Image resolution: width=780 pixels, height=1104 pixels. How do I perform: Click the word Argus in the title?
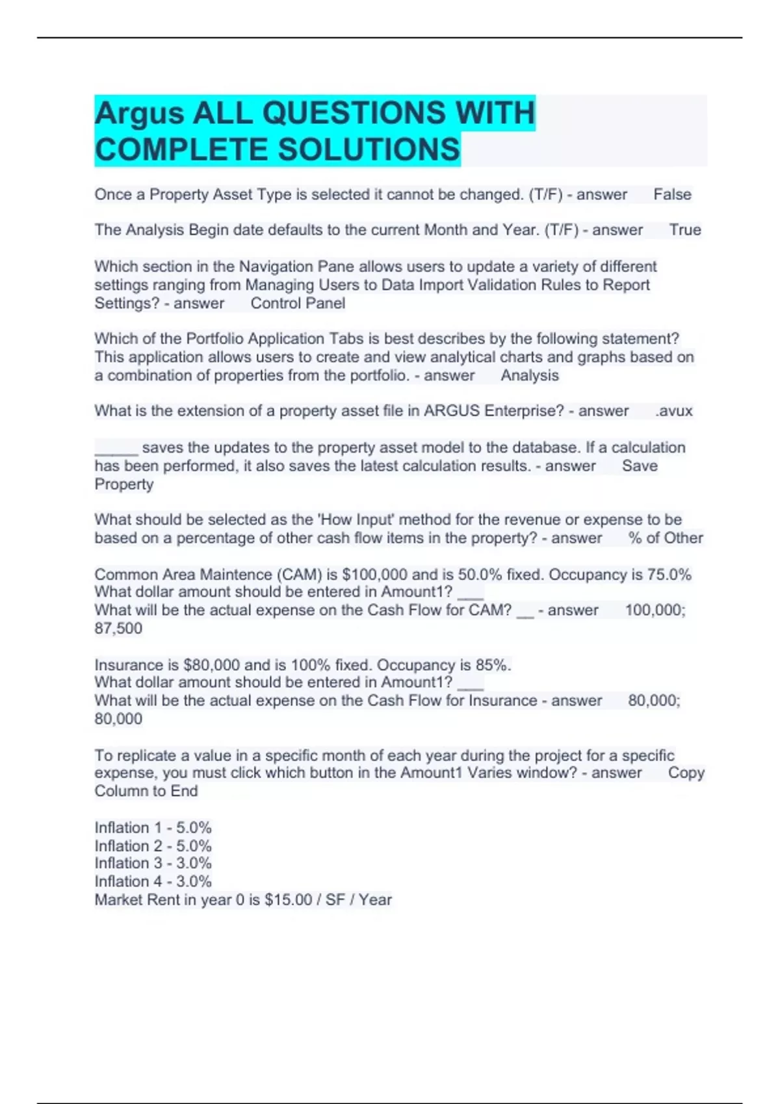click(139, 114)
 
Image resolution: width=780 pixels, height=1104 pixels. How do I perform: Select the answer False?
click(672, 195)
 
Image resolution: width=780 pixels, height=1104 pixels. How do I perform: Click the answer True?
click(685, 230)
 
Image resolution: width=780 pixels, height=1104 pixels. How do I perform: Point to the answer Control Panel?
click(298, 303)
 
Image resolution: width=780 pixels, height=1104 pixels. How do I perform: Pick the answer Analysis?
click(529, 375)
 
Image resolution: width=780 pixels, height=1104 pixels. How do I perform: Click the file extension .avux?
click(674, 411)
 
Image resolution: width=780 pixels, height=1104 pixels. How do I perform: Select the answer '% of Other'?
click(666, 538)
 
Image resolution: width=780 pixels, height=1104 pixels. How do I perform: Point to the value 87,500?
click(118, 628)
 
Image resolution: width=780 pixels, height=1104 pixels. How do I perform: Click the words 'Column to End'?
click(146, 791)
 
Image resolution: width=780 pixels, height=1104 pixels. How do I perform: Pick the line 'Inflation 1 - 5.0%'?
click(153, 828)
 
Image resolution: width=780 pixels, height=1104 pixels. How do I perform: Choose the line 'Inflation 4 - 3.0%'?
click(153, 881)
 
